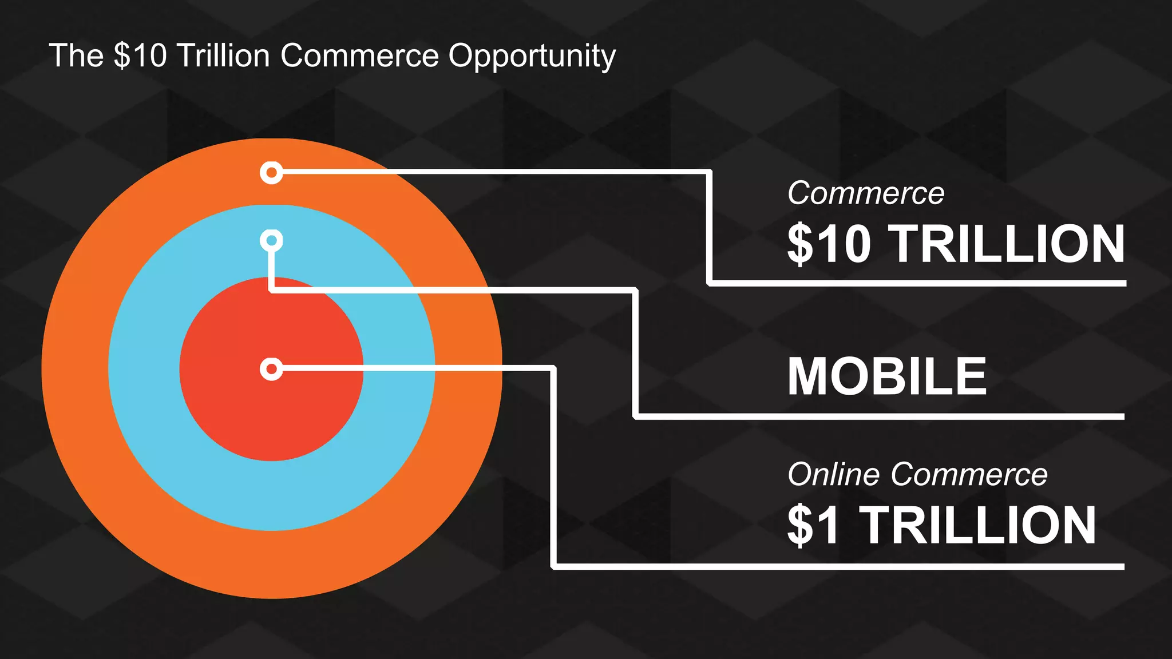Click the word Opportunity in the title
pos(532,56)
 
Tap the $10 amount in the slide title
pos(140,56)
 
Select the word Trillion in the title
pos(223,56)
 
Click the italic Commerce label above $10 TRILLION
pos(865,193)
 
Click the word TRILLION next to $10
pos(1008,244)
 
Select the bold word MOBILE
pos(886,376)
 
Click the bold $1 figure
pos(813,525)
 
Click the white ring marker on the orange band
pos(271,172)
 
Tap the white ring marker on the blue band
pos(271,240)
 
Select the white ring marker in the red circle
pos(271,369)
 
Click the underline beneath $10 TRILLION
pos(916,283)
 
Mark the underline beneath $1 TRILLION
pos(838,566)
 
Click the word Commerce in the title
pos(359,56)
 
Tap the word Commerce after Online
pos(968,474)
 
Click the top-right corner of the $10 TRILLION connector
pos(709,172)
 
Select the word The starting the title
pos(76,56)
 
